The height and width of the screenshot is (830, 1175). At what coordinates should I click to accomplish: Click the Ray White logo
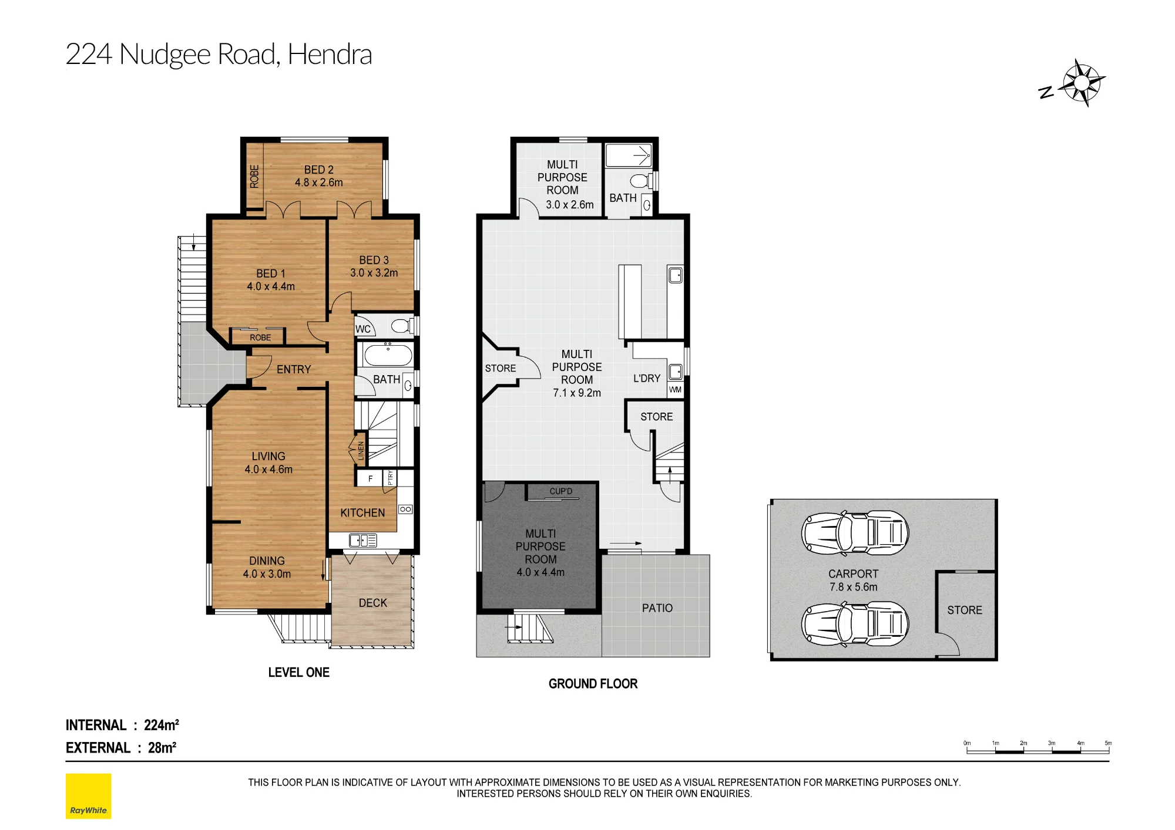pos(88,796)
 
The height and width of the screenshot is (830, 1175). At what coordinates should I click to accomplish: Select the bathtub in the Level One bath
pos(388,356)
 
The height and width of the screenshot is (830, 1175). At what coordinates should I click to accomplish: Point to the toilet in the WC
pos(402,326)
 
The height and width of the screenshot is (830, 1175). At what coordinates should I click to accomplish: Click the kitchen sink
pos(363,540)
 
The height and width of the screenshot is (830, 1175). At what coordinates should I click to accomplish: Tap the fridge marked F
pos(370,478)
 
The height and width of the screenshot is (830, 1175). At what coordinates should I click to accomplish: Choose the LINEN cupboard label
pos(361,451)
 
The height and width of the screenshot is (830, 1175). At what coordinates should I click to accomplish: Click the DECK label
pos(373,603)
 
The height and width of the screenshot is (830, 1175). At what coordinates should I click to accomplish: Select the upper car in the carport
pos(855,533)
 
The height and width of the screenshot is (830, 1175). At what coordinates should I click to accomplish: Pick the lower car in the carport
pos(855,624)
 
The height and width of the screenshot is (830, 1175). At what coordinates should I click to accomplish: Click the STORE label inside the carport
pos(965,610)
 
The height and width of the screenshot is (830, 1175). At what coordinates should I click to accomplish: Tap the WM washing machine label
pos(676,390)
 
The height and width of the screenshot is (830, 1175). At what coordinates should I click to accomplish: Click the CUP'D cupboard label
pos(560,491)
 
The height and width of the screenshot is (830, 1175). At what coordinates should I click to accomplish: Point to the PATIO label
pos(657,608)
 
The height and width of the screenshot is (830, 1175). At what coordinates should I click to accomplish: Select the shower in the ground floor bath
pos(629,156)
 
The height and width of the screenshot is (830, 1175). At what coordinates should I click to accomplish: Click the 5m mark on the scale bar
pos(1108,743)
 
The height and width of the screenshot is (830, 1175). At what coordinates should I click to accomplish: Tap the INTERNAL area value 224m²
pos(162,725)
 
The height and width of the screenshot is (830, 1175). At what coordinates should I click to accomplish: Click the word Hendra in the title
pos(330,54)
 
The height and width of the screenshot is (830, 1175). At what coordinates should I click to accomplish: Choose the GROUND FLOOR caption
pos(593,684)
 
